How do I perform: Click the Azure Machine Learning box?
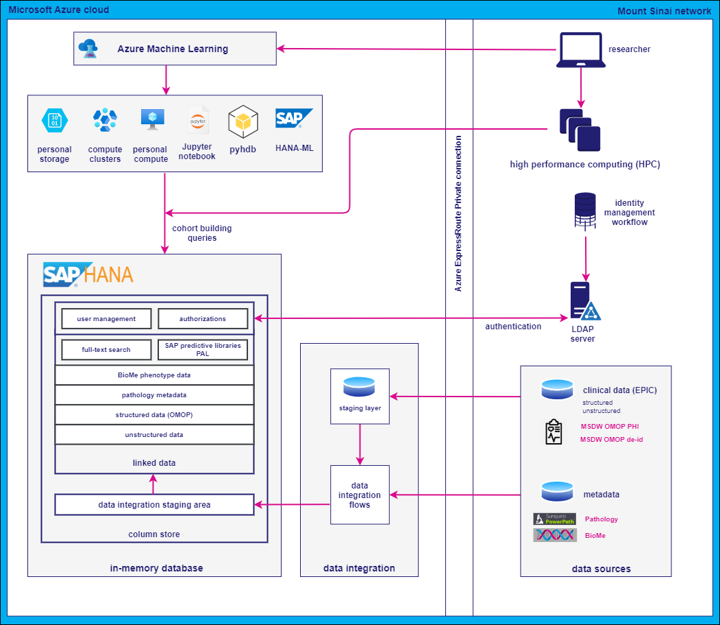[175, 49]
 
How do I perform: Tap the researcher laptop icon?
[580, 50]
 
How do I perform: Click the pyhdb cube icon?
[243, 121]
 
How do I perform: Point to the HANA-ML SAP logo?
[294, 119]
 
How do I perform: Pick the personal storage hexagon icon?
[55, 121]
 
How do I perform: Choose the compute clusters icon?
[105, 121]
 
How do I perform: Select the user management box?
[106, 319]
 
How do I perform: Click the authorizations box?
[203, 319]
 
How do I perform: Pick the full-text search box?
[106, 350]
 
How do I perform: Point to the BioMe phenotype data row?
[154, 375]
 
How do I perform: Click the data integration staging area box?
[154, 505]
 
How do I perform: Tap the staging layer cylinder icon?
[360, 386]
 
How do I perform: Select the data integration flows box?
[360, 495]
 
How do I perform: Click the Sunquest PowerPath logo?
[555, 519]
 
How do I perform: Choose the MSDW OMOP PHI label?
[610, 426]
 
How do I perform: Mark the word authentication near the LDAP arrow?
[513, 327]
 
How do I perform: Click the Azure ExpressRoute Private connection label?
[459, 213]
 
